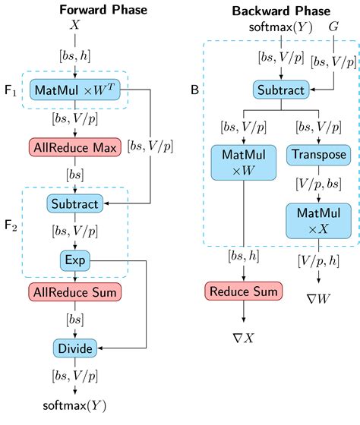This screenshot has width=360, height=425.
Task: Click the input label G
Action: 332,27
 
